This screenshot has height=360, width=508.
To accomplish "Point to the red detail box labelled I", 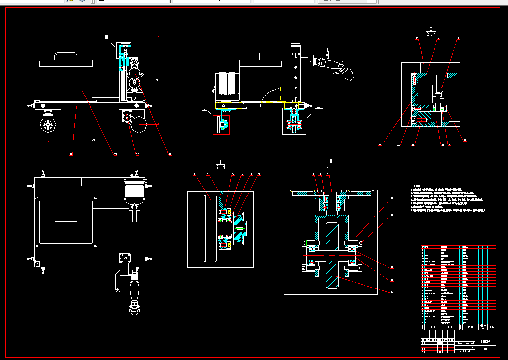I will pos(221,124).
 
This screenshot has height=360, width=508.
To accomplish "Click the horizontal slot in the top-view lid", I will pos(66,223).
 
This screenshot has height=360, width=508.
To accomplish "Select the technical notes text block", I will pos(448,198).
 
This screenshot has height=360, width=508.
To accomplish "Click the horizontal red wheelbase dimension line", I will pos(93,141).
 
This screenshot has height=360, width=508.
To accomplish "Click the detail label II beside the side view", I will pos(318,105).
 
